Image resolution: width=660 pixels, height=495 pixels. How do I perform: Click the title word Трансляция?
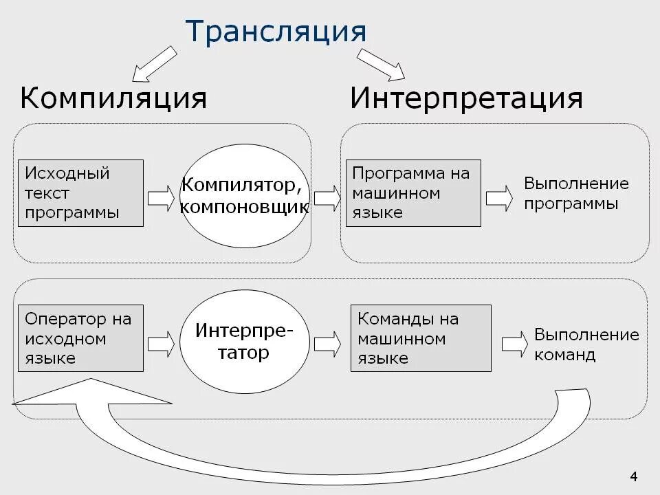(x=276, y=32)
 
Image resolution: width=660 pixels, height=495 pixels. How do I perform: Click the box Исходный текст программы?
(x=80, y=193)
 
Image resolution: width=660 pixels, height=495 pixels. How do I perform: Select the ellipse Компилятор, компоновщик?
(x=245, y=195)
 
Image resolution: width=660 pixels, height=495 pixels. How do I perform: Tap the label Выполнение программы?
(x=576, y=194)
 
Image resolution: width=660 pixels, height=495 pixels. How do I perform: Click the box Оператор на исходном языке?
(x=80, y=338)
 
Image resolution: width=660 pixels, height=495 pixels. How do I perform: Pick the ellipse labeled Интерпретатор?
(x=244, y=342)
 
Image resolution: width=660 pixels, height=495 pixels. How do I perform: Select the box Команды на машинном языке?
(x=421, y=338)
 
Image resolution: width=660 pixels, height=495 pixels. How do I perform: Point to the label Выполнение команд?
(x=586, y=345)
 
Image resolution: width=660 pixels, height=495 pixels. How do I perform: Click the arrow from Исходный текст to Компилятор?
(x=162, y=197)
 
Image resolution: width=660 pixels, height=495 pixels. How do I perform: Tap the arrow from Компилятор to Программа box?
(x=327, y=197)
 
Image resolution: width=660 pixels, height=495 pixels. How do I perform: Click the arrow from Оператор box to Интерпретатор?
(x=162, y=342)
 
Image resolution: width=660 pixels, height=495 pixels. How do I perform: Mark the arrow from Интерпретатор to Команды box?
(x=327, y=342)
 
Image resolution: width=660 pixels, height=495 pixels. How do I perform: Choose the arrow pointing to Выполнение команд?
(x=515, y=346)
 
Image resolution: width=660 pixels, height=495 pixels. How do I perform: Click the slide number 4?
(x=634, y=476)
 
